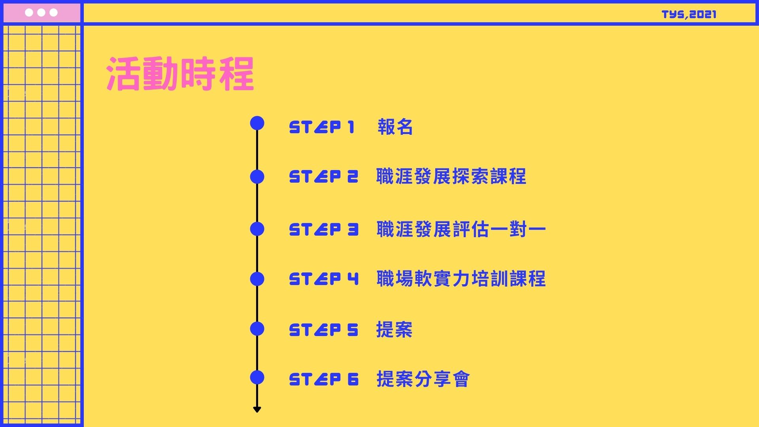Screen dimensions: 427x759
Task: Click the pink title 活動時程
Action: [x=180, y=74]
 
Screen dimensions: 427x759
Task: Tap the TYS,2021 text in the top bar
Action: [x=689, y=15]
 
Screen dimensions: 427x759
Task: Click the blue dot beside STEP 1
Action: [x=257, y=123]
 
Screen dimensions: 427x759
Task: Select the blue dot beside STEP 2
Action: [x=257, y=177]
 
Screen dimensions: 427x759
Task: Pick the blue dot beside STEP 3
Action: [x=257, y=229]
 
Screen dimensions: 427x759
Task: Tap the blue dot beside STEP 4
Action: [x=257, y=279]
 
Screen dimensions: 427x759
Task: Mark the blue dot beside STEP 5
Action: [x=257, y=329]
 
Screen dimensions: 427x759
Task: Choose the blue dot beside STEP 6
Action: [x=257, y=378]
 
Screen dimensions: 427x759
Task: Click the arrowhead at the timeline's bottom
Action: [x=257, y=409]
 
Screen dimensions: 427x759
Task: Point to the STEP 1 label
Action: [x=322, y=127]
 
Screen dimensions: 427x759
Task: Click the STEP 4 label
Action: [x=324, y=279]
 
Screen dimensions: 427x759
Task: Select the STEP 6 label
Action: [x=324, y=380]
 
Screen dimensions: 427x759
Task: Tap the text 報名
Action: [x=395, y=127]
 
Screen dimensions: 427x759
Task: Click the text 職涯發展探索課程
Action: [x=451, y=177]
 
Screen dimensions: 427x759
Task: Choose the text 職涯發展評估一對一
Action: [x=461, y=229]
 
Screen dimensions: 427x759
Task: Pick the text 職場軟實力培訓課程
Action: [x=461, y=279]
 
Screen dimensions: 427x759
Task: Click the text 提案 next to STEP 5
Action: [x=394, y=330]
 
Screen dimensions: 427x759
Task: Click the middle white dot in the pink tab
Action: [x=41, y=13]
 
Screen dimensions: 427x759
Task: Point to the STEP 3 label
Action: [x=324, y=229]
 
